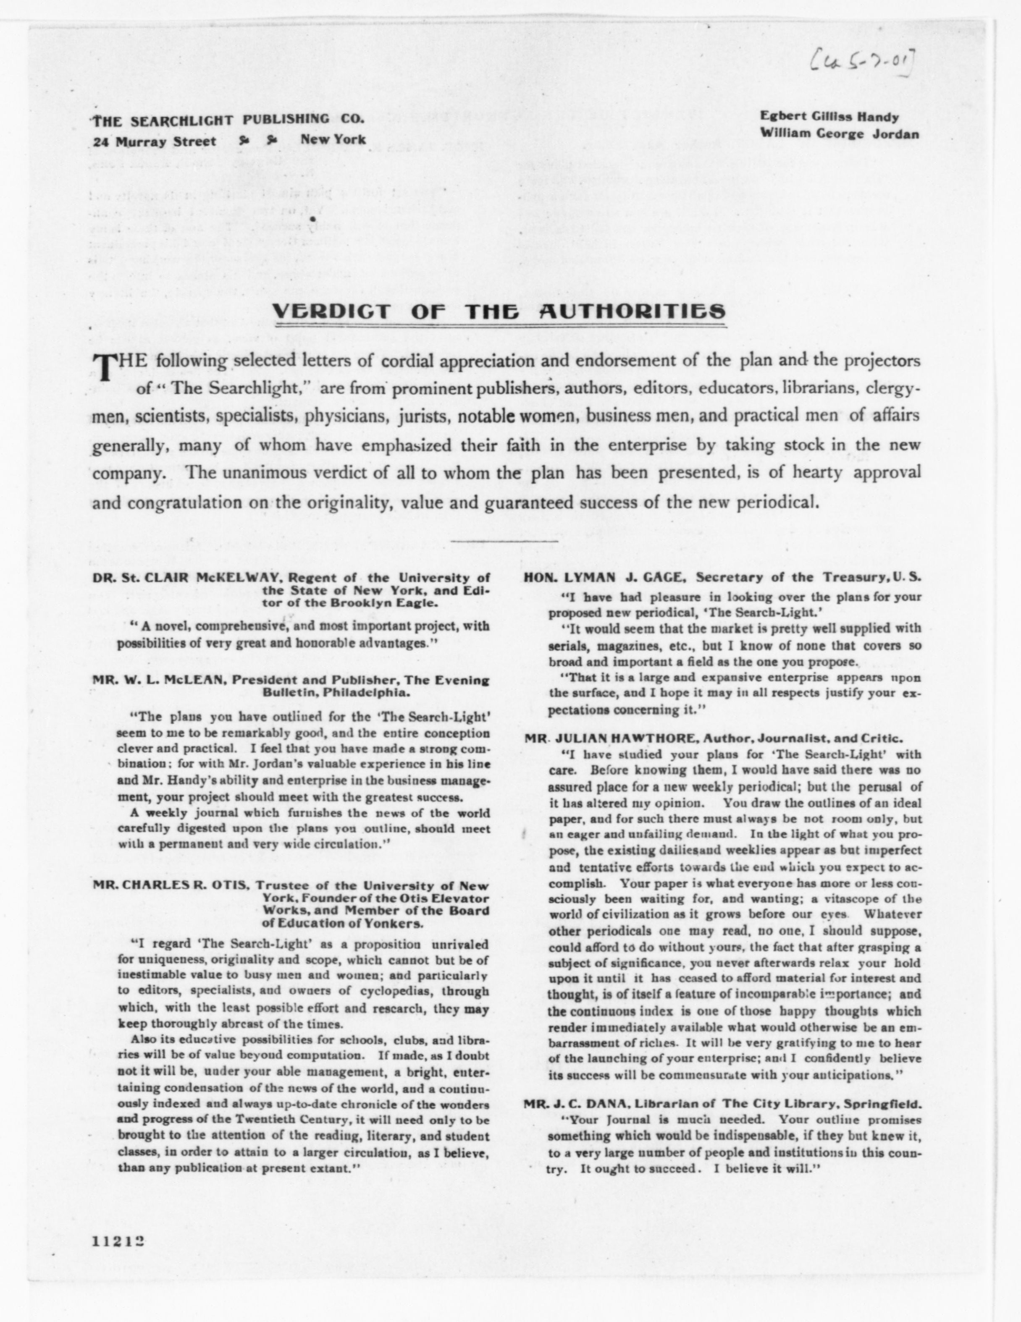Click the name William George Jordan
[x=839, y=134]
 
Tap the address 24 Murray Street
[x=155, y=141]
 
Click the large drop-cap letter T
[x=103, y=367]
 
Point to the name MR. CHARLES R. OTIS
[x=170, y=885]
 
